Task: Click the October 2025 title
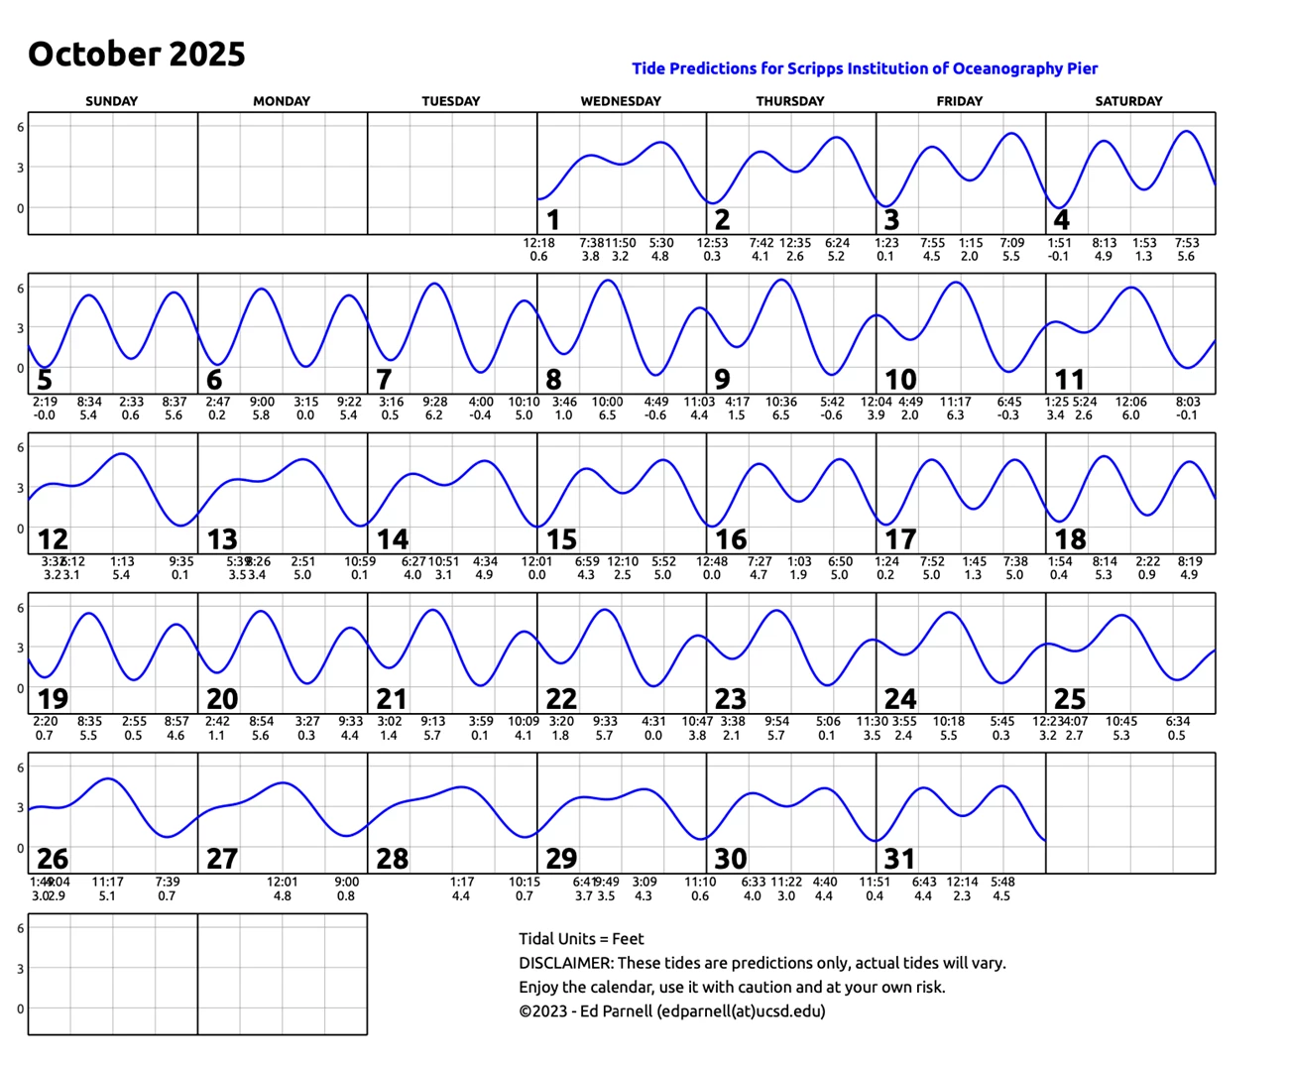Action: [137, 55]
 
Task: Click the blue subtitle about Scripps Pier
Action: [865, 68]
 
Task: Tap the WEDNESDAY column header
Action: [621, 101]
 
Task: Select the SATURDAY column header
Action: [1128, 101]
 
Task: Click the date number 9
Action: [723, 380]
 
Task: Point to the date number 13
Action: [222, 539]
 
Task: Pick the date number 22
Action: [561, 699]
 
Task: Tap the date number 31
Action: [900, 859]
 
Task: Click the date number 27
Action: [222, 859]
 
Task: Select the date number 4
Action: [1061, 220]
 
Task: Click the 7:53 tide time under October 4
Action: [1187, 243]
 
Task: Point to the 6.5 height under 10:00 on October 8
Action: [607, 415]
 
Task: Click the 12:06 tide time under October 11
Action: [1131, 403]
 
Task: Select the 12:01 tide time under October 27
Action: [283, 882]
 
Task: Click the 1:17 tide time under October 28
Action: [462, 882]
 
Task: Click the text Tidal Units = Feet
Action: [581, 939]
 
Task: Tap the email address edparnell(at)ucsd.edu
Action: [741, 1011]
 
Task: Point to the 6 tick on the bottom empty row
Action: [20, 928]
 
